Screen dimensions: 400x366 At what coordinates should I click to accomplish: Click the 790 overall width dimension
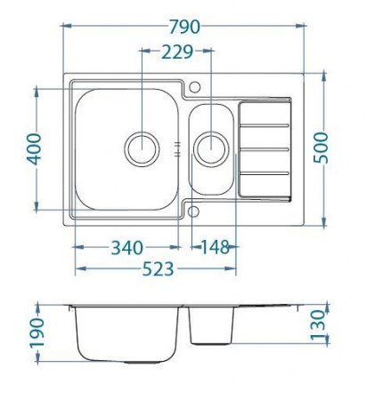184,26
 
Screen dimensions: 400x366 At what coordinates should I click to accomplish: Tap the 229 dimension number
176,53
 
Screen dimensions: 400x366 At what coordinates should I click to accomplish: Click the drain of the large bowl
141,148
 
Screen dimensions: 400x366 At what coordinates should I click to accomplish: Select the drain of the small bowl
211,148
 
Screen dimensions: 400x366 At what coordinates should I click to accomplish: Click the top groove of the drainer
264,104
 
